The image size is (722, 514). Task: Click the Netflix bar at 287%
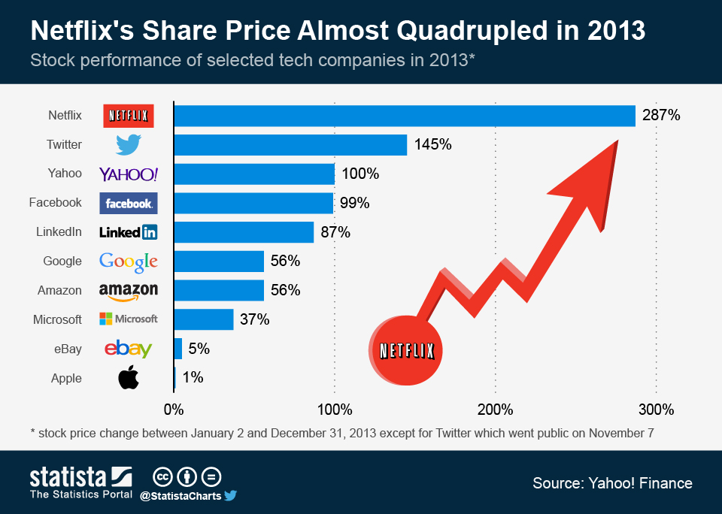tap(405, 116)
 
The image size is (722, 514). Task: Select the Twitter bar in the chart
tap(290, 145)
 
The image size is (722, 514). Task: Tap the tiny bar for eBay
tap(178, 349)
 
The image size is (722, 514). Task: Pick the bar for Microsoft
tap(204, 319)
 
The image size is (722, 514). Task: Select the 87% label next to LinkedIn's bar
tap(335, 232)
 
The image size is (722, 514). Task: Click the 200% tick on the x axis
tap(496, 410)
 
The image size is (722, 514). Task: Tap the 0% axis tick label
tap(174, 410)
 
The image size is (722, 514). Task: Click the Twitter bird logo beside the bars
tap(129, 144)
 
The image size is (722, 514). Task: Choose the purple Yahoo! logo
tap(129, 174)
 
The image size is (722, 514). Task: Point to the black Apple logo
tap(129, 378)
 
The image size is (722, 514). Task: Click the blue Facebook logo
tap(129, 203)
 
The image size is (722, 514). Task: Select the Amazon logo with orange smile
tap(129, 291)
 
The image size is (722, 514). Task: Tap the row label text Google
tap(62, 261)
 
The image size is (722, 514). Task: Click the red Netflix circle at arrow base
tap(407, 349)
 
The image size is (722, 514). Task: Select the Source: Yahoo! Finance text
tap(612, 483)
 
